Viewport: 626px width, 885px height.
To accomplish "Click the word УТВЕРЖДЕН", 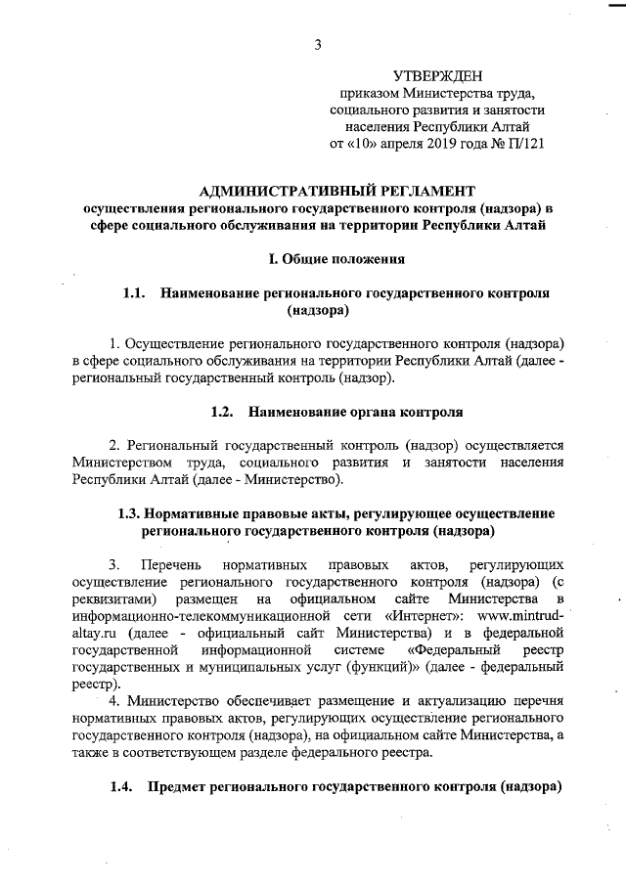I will (x=437, y=75).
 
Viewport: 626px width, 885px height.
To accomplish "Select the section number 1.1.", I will (x=134, y=292).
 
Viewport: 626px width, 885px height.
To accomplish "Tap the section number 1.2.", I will (x=224, y=412).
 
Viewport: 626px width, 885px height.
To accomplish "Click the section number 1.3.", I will (x=130, y=513).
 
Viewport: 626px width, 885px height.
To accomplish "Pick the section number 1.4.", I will (x=122, y=787).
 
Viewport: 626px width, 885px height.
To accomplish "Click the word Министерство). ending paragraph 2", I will (x=293, y=479).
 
